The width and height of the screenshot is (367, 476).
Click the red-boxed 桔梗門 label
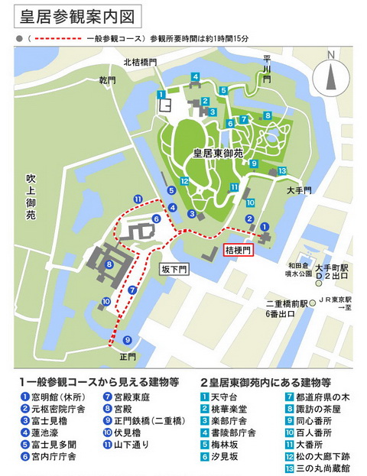(x=237, y=249)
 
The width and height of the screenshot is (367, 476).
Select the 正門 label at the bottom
(x=127, y=356)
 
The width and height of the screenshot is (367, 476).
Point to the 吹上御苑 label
(x=31, y=196)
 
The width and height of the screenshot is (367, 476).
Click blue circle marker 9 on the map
(x=127, y=340)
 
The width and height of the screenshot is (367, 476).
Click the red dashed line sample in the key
(x=63, y=38)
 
